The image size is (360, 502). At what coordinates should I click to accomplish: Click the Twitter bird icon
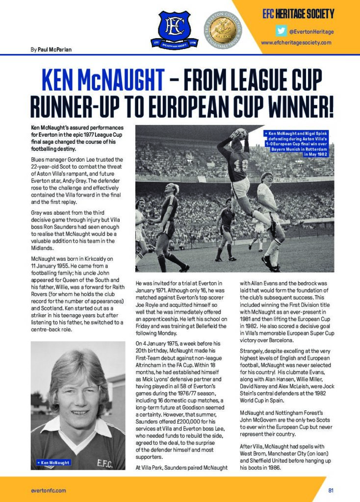pos(281,31)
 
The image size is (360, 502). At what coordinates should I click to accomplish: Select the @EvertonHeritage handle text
pos(311,31)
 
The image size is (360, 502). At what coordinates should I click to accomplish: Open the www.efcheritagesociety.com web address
pos(296,43)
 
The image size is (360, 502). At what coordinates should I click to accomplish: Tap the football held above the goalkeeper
pos(240,133)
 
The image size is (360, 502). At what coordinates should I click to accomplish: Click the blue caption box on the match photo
pos(297,143)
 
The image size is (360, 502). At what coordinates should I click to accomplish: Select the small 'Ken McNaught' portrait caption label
pos(53,462)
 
